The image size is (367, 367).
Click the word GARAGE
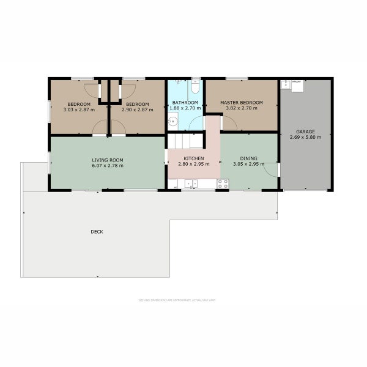coord(305,132)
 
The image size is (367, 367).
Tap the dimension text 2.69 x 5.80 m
coord(305,138)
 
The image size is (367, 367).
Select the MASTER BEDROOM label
coord(242,102)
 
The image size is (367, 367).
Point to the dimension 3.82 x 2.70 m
coord(242,108)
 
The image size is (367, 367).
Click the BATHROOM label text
coord(184,102)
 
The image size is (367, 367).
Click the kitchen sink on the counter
coord(191,183)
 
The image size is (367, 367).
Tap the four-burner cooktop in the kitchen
coord(223,183)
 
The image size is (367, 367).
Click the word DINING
coord(249,158)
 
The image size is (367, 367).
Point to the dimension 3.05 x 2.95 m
coord(249,164)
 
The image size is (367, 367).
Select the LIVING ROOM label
coord(108,160)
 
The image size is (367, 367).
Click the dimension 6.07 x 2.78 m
coord(108,166)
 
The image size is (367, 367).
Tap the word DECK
coord(97,232)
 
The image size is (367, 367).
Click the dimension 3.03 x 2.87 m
coord(79,109)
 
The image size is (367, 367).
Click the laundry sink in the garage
coord(286,85)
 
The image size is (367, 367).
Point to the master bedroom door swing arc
coord(229,122)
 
